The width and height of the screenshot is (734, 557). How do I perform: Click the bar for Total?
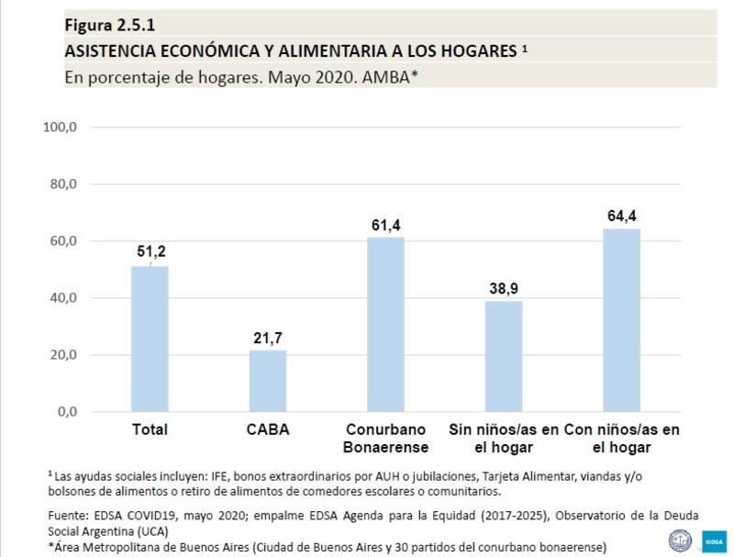(x=150, y=339)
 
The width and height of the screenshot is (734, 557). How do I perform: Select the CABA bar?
(x=267, y=381)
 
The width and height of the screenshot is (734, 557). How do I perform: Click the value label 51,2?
(x=150, y=252)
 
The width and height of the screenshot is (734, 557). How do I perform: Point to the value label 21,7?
(x=267, y=337)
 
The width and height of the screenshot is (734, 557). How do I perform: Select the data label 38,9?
(x=504, y=288)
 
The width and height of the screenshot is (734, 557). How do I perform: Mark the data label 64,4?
(x=621, y=216)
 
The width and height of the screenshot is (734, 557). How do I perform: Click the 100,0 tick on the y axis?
(x=61, y=127)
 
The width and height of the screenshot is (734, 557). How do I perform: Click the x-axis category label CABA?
(x=267, y=429)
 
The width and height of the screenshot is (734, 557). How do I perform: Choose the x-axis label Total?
(x=150, y=429)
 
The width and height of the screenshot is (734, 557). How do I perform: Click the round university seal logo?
(x=681, y=540)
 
